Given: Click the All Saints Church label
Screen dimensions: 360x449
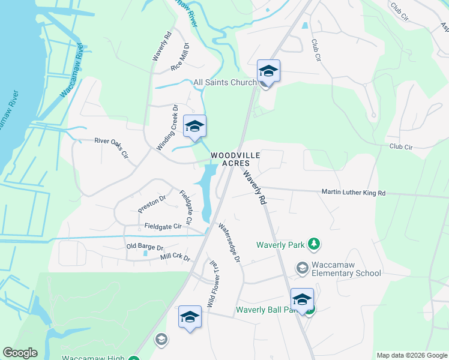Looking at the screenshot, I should pyautogui.click(x=224, y=82).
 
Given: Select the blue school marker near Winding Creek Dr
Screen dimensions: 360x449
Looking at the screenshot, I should pyautogui.click(x=194, y=127).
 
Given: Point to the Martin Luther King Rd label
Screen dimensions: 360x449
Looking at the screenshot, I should pyautogui.click(x=353, y=193).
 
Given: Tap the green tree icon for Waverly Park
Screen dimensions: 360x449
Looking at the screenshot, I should pyautogui.click(x=312, y=244).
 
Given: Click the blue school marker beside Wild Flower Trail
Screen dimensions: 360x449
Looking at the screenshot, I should pyautogui.click(x=190, y=317).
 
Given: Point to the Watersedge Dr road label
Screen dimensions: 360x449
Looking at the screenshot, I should pyautogui.click(x=229, y=244).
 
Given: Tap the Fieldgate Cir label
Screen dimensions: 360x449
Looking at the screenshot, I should pyautogui.click(x=163, y=226).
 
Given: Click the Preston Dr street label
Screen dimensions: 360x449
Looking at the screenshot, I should pyautogui.click(x=151, y=203).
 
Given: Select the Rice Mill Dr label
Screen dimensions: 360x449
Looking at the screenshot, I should pyautogui.click(x=180, y=58).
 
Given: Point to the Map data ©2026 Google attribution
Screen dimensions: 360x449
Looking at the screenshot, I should pyautogui.click(x=411, y=355).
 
